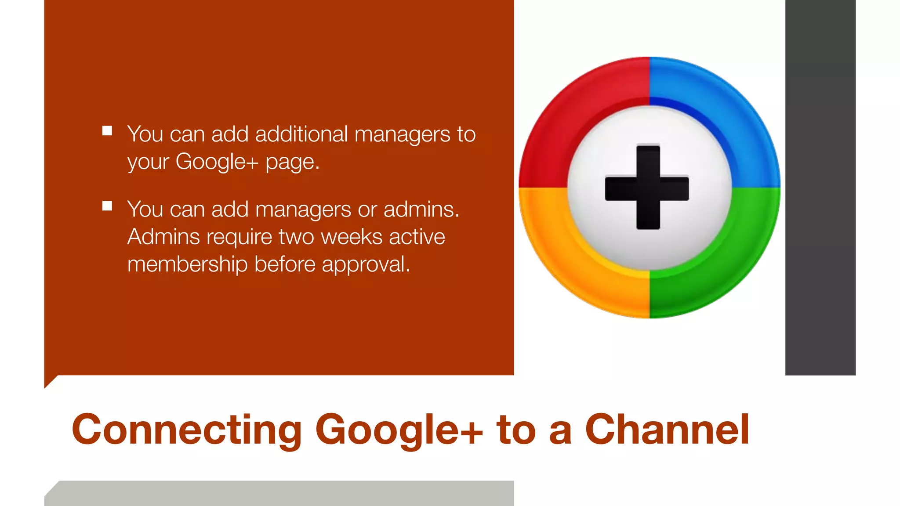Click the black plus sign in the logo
point(648,188)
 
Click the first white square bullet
point(107,131)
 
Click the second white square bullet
point(107,206)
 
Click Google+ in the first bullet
point(217,162)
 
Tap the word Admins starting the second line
point(164,237)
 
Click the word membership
point(187,264)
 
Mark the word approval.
point(366,264)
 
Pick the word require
point(240,238)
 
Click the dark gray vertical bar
point(820,188)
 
